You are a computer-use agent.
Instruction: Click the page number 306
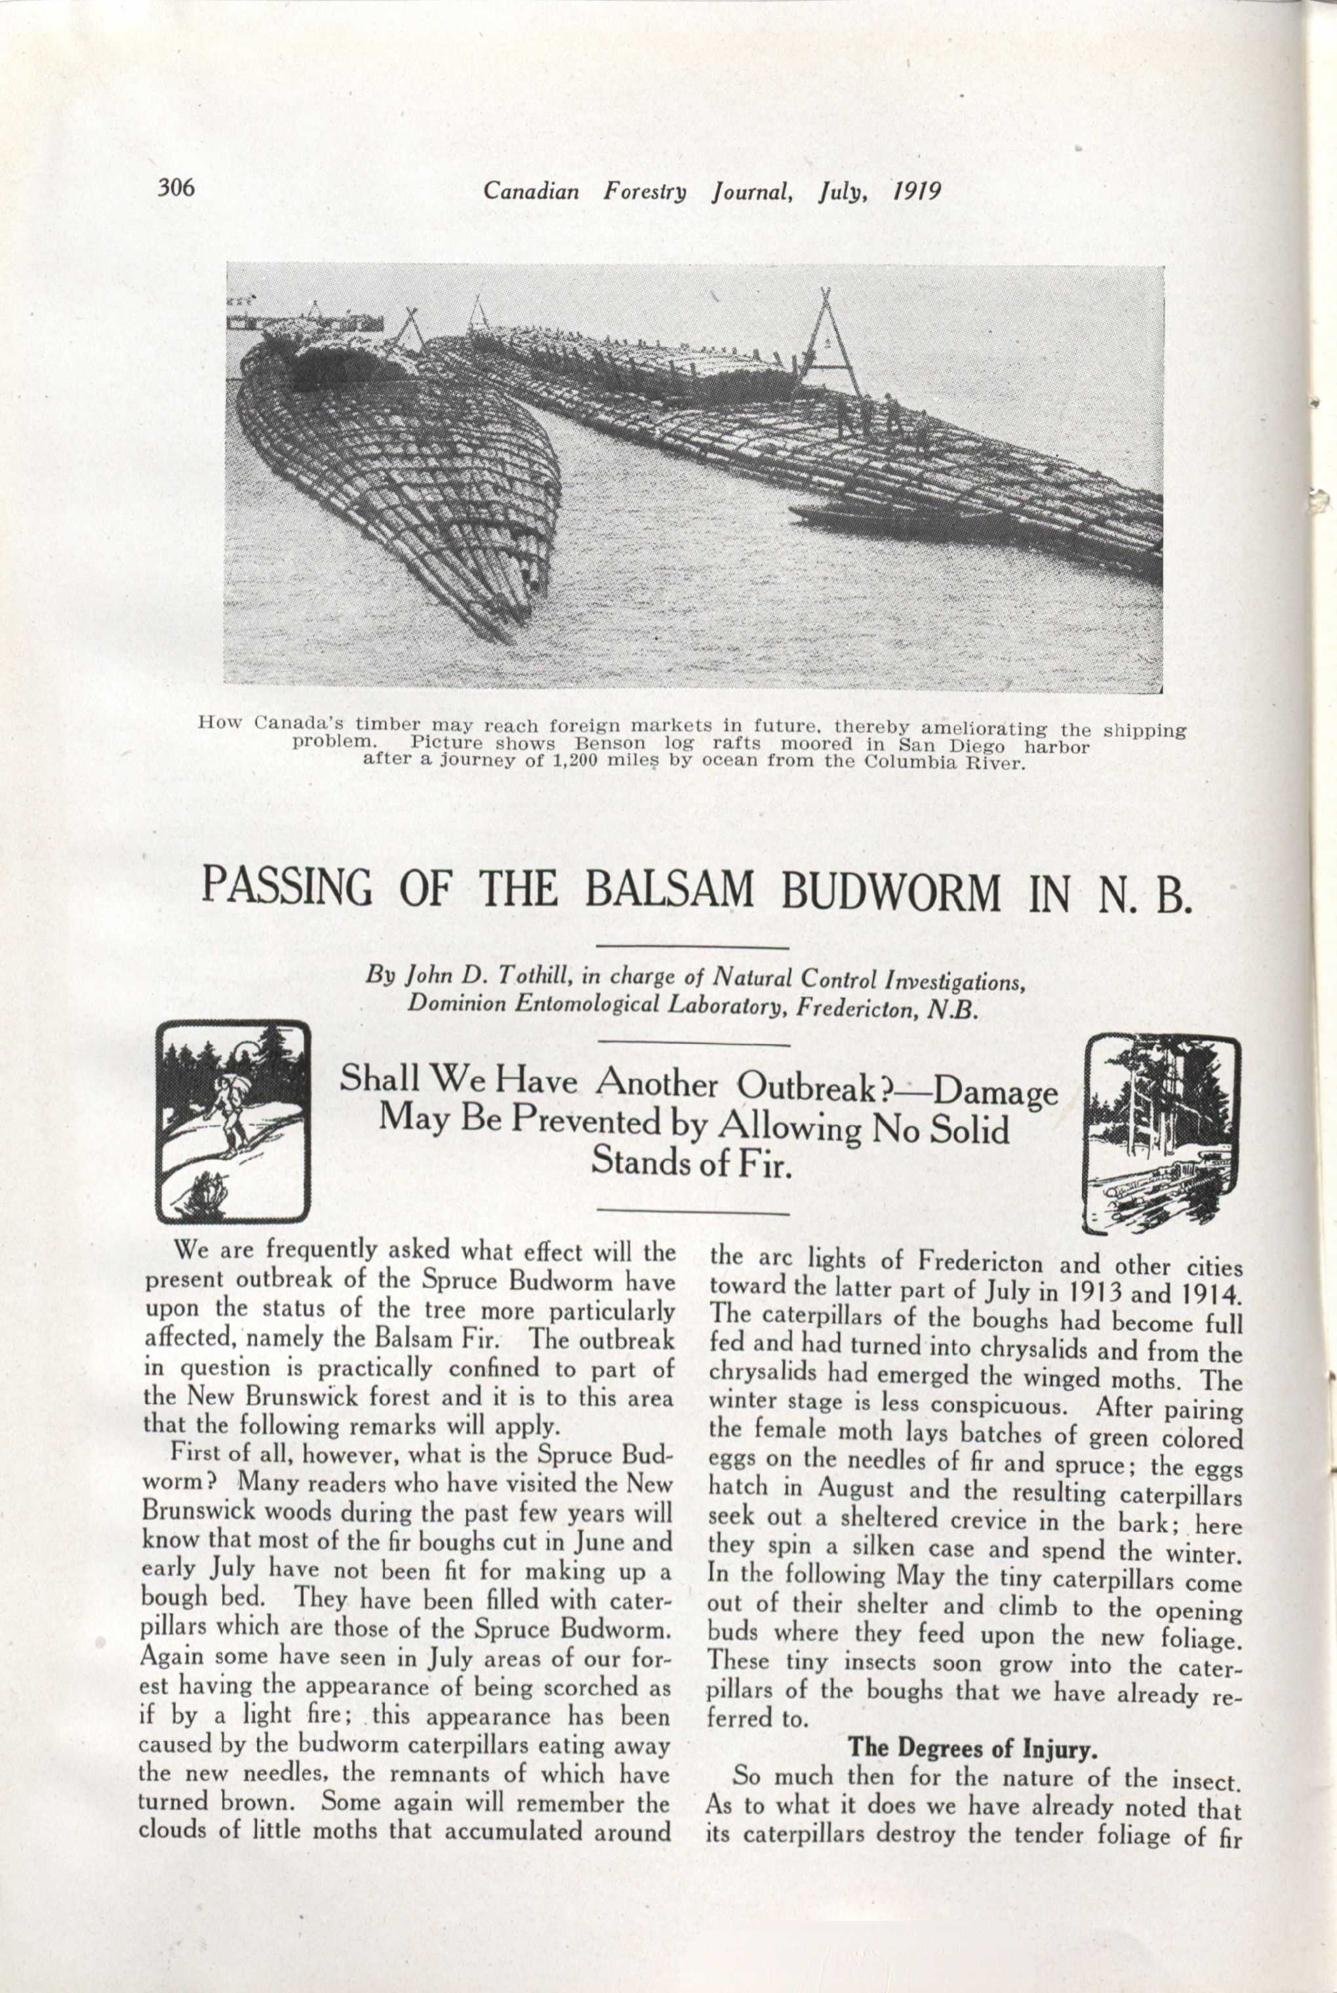click(x=176, y=187)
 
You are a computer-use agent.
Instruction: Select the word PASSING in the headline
click(x=287, y=886)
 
